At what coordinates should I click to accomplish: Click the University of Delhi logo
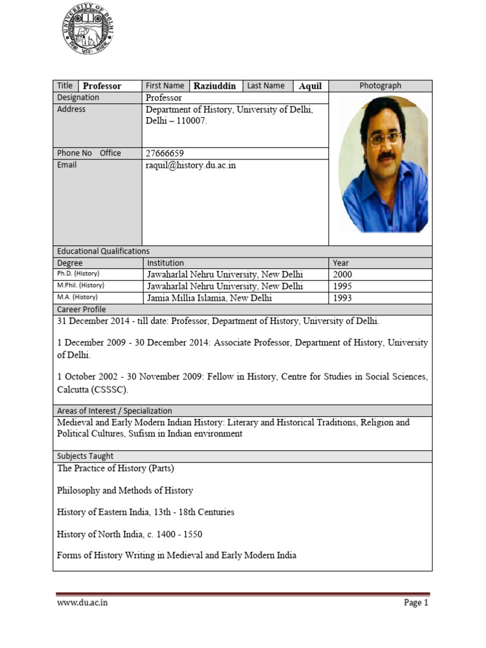click(89, 28)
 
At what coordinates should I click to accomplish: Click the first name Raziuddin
click(215, 86)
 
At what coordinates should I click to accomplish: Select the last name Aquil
click(310, 86)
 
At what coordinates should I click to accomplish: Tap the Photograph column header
click(380, 86)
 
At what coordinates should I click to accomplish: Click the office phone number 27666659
click(165, 153)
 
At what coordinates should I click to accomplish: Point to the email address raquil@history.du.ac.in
click(190, 165)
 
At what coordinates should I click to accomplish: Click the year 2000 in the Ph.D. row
click(342, 275)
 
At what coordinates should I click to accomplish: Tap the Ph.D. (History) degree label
click(78, 274)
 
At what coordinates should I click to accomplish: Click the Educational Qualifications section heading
click(103, 251)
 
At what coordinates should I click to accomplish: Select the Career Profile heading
click(82, 309)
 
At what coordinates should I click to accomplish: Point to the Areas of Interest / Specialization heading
click(115, 411)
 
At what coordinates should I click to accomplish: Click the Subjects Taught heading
click(85, 456)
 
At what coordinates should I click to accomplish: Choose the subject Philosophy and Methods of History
click(125, 490)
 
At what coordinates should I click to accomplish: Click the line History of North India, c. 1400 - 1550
click(130, 534)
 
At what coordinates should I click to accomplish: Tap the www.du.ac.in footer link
click(82, 602)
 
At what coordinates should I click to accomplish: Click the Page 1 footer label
click(416, 602)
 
